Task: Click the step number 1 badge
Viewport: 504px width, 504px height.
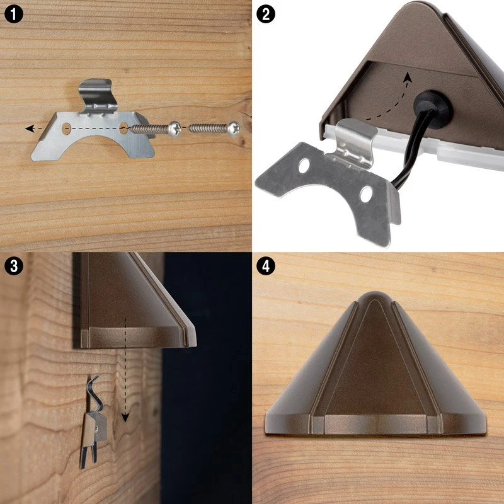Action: click(14, 14)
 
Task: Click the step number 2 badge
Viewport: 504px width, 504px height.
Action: click(266, 14)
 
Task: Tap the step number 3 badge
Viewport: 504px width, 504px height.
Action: click(14, 266)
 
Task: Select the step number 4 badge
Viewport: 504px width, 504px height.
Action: click(266, 266)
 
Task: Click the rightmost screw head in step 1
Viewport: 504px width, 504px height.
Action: click(234, 129)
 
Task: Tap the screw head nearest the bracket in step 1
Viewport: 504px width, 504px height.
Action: click(175, 129)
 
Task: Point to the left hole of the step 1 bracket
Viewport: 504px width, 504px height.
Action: click(66, 129)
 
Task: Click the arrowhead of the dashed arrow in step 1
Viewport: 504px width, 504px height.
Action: click(30, 129)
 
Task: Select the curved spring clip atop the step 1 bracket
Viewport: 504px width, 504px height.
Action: click(98, 95)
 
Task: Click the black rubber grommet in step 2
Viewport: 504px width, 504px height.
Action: click(432, 105)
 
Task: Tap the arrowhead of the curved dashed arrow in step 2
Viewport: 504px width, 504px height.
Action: click(408, 77)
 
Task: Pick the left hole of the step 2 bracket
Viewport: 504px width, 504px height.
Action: click(304, 166)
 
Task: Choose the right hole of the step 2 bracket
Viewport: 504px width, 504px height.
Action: click(366, 194)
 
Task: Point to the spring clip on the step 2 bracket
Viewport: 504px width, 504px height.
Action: click(355, 143)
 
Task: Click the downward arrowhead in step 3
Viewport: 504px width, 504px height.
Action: click(125, 418)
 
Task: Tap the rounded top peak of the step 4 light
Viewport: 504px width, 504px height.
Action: click(375, 295)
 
